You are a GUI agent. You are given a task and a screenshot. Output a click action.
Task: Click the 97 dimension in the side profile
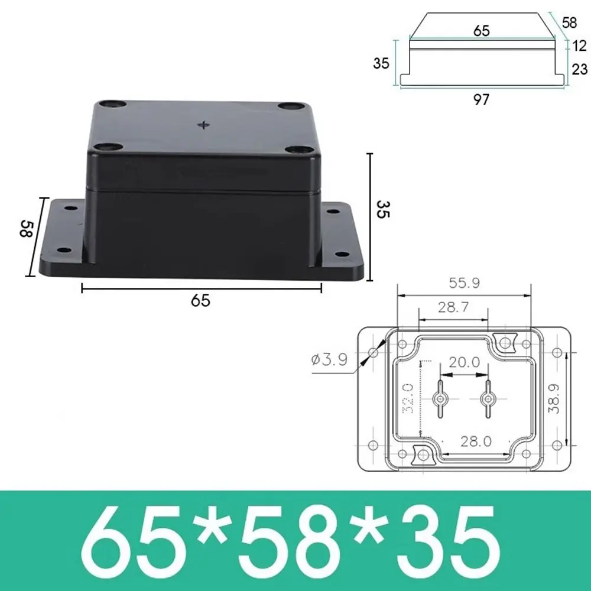pyautogui.click(x=481, y=100)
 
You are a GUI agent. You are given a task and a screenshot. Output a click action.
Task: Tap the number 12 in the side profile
pyautogui.click(x=579, y=46)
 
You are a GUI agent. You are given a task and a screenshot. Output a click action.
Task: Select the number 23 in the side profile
pyautogui.click(x=579, y=69)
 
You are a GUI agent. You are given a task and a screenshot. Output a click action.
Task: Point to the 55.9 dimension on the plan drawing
pyautogui.click(x=464, y=283)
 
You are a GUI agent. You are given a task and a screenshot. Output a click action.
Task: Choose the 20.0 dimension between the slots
pyautogui.click(x=464, y=362)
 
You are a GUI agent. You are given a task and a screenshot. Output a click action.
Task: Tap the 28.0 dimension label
pyautogui.click(x=476, y=441)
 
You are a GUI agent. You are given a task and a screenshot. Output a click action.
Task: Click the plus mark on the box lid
pyautogui.click(x=205, y=125)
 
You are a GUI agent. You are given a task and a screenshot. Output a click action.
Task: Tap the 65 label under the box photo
pyautogui.click(x=200, y=300)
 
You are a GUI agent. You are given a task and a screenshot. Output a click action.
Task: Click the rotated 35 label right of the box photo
pyautogui.click(x=383, y=209)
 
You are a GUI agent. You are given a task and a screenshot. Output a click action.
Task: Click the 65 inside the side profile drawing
pyautogui.click(x=481, y=31)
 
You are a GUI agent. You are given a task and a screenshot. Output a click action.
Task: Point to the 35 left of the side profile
pyautogui.click(x=382, y=62)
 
